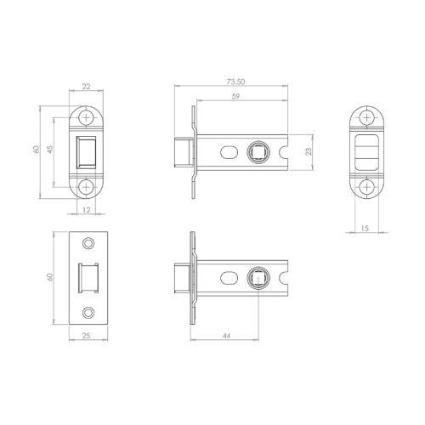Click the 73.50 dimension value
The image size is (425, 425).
click(x=235, y=82)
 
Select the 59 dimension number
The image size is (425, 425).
click(x=235, y=96)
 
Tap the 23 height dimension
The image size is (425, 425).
click(x=309, y=151)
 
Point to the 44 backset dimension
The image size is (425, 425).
click(x=226, y=336)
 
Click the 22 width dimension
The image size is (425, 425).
click(x=86, y=87)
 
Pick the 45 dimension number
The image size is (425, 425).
click(x=50, y=150)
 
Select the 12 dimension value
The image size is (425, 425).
click(x=87, y=210)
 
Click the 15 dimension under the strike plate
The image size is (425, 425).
click(x=365, y=228)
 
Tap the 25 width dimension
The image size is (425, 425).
click(x=86, y=336)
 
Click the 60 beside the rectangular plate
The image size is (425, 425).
click(x=50, y=277)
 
